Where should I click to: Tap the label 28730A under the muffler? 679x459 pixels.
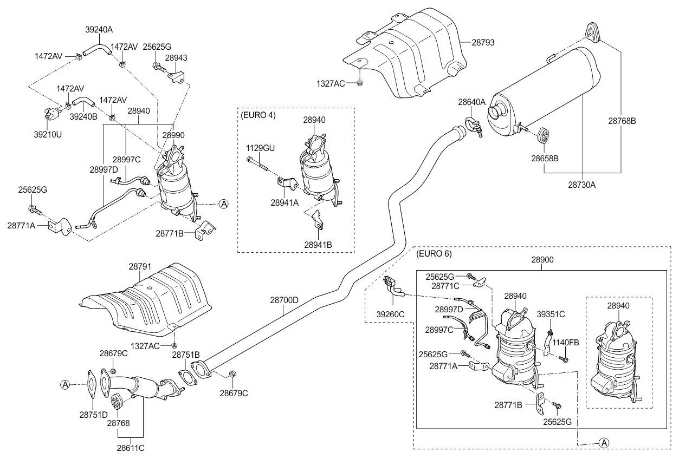581,185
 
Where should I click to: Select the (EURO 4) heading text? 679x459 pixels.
258,115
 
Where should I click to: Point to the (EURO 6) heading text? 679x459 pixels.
434,253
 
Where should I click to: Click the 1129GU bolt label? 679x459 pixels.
261,147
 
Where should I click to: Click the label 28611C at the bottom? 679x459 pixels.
131,448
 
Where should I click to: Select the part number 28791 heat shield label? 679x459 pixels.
140,267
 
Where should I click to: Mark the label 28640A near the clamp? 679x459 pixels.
472,102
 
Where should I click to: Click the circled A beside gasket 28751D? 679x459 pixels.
65,385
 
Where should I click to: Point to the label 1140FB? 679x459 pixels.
566,342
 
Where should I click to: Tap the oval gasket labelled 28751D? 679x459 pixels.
91,385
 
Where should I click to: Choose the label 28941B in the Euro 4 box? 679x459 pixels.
318,245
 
